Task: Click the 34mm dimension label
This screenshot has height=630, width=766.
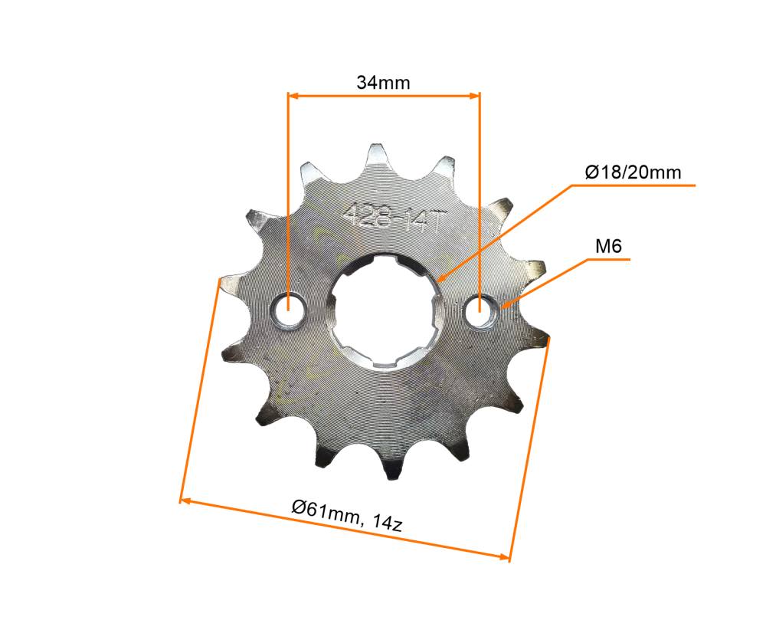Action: point(383,83)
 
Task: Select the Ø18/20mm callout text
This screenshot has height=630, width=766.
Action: point(632,172)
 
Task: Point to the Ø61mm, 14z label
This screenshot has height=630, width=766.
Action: point(347,514)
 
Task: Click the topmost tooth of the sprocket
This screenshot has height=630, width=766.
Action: point(378,153)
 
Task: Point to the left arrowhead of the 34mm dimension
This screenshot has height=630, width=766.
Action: point(292,95)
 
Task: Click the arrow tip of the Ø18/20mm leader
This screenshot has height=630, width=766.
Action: point(440,281)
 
